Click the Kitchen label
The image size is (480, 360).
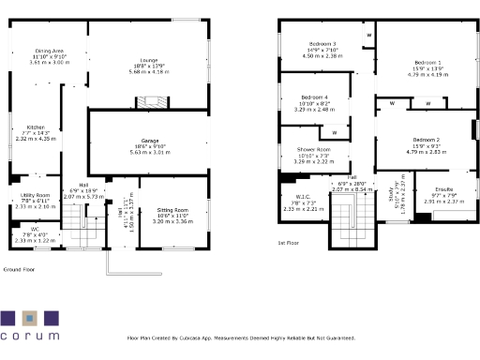36,127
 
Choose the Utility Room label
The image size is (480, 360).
35,195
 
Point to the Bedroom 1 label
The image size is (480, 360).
427,62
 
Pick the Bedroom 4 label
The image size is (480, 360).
314,97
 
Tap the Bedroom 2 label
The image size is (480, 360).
427,139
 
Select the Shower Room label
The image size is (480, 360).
314,150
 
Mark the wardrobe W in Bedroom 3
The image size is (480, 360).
368,36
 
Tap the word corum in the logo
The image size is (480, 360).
31,335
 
